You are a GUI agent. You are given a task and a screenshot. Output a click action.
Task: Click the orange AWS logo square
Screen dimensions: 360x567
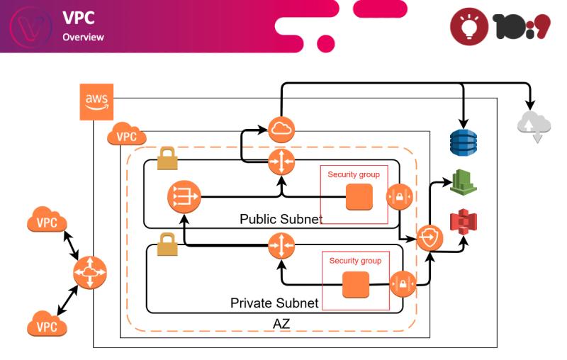[96, 102]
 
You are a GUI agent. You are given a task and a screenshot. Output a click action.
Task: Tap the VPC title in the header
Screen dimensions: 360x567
[78, 18]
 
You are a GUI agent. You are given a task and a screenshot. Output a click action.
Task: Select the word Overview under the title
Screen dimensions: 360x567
[82, 37]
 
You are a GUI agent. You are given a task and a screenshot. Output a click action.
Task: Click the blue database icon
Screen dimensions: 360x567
[464, 142]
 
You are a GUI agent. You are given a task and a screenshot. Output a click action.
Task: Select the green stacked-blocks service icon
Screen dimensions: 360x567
[464, 181]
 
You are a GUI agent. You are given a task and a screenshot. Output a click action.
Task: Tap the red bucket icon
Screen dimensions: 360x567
[464, 223]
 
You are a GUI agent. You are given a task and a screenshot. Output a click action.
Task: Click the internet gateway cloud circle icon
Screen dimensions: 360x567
[281, 130]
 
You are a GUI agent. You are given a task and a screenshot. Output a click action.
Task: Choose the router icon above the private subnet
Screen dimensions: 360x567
[281, 246]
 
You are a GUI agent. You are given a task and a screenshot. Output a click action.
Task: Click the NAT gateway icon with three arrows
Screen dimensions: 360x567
[184, 197]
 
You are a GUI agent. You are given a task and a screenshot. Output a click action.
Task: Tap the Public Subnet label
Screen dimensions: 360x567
[281, 219]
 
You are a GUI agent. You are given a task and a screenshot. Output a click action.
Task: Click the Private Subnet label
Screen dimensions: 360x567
[274, 303]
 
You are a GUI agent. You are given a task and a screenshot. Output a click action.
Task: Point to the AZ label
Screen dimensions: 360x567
[281, 324]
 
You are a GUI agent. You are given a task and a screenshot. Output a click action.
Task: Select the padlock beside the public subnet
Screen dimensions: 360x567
[167, 159]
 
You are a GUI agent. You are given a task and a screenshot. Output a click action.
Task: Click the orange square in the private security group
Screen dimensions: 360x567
[355, 285]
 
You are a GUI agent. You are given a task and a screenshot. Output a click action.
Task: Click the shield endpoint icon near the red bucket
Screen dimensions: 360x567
[430, 238]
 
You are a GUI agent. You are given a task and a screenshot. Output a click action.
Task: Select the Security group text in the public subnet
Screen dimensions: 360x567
[354, 174]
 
